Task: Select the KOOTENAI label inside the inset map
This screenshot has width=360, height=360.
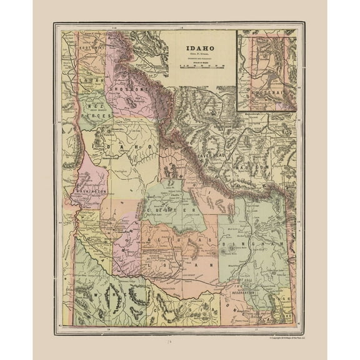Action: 269,90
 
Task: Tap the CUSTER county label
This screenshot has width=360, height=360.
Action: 172,211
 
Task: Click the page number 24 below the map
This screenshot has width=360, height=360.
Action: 179,342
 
